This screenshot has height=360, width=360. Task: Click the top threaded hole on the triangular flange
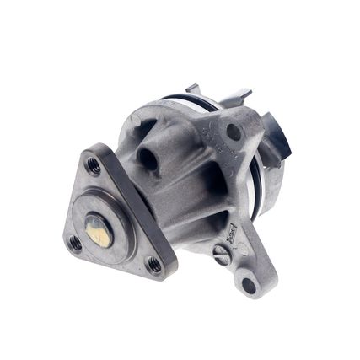94,166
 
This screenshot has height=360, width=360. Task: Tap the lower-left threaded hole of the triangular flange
75,243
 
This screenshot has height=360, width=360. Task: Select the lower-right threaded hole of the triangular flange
154,264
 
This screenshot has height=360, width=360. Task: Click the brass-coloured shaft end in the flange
98,230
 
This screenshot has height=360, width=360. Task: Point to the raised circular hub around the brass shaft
110,221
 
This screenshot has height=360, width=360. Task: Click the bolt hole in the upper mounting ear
234,131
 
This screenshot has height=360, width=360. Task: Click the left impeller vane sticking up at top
193,90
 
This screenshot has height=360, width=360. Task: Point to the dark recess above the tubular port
140,129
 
